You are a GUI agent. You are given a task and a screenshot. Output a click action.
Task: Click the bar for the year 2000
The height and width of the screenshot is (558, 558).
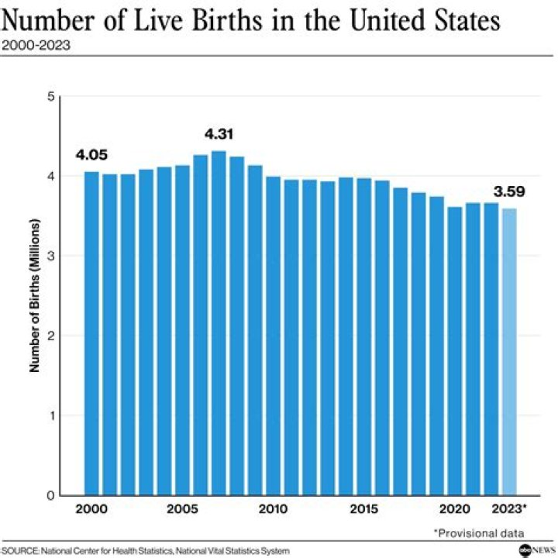click(x=91, y=333)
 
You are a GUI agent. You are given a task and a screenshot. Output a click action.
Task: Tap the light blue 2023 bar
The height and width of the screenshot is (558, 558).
click(x=509, y=352)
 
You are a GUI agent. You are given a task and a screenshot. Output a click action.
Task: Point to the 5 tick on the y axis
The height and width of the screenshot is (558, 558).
click(x=51, y=97)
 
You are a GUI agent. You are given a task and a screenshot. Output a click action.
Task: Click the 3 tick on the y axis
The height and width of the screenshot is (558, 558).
click(x=51, y=256)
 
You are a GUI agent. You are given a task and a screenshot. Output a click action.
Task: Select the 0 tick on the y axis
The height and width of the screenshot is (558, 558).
click(x=51, y=495)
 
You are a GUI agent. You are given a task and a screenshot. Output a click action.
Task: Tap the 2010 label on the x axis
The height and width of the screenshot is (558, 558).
click(x=273, y=509)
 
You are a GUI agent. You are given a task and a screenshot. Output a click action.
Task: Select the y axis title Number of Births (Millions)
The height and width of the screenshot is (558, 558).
click(x=35, y=295)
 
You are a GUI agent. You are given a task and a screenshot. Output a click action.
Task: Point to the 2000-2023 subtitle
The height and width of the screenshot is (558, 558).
click(x=36, y=45)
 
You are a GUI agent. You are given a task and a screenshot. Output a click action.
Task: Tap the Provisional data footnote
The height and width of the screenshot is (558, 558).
click(x=479, y=532)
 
